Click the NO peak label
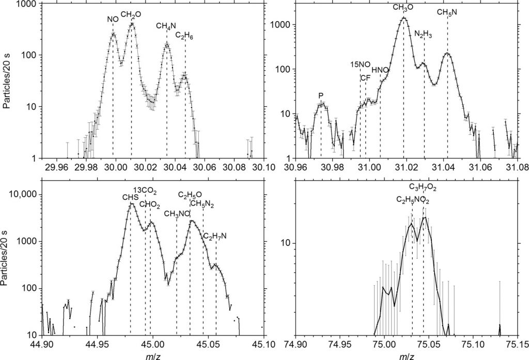point(113,19)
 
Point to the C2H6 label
point(184,36)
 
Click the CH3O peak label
point(403,8)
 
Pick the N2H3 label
point(424,34)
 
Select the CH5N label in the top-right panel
point(447,12)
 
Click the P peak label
point(321,96)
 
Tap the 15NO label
point(360,65)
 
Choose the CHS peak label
point(130,196)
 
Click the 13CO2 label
point(145,190)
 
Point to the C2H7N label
point(215,237)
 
